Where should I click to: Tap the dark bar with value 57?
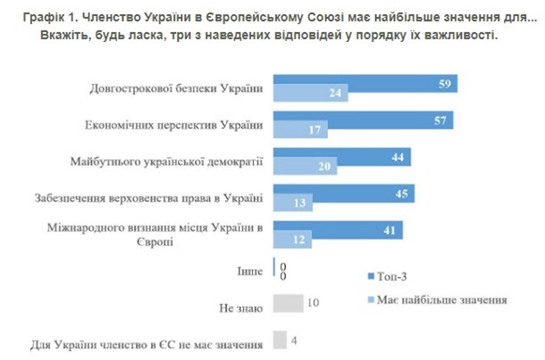[362, 120]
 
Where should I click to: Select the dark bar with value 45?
[343, 194]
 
